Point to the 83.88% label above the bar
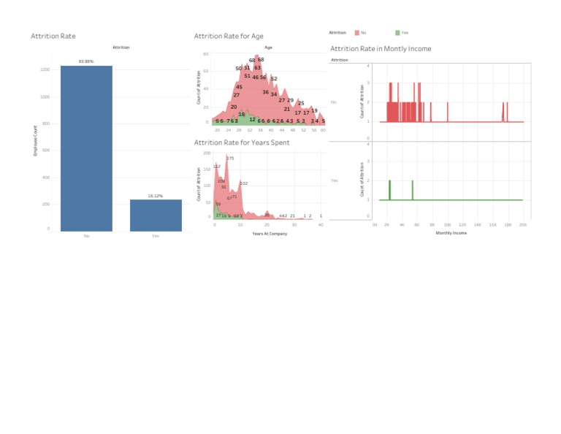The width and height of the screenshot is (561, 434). [x=86, y=61]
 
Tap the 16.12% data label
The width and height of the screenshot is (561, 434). [x=156, y=196]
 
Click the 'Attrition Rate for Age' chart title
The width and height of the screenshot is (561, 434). [x=228, y=36]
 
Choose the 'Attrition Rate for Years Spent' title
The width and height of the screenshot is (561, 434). [x=242, y=142]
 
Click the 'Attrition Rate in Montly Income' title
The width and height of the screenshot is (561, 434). [x=381, y=49]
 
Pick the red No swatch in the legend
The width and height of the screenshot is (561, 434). [x=356, y=33]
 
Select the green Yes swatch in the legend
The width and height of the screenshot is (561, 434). [x=397, y=33]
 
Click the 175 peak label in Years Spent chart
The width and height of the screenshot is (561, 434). [x=230, y=158]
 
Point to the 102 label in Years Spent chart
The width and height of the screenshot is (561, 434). [x=244, y=183]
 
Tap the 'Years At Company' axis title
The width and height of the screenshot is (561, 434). [x=270, y=234]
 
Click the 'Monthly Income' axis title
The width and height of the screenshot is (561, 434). [x=451, y=233]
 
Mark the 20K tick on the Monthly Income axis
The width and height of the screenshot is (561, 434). [x=522, y=225]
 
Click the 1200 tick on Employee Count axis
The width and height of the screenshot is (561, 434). [x=45, y=69]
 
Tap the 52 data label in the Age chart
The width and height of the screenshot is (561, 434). [x=274, y=79]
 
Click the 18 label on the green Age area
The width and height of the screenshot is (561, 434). [x=242, y=114]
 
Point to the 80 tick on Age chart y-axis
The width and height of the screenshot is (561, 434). [x=207, y=54]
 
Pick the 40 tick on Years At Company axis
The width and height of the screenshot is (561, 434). [x=321, y=225]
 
